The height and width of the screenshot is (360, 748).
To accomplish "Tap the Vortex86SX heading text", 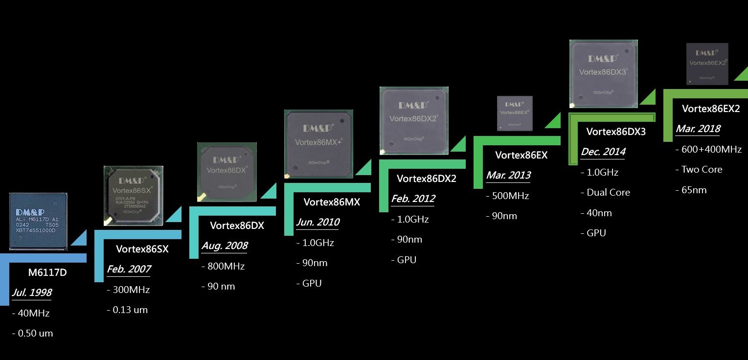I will (x=142, y=249).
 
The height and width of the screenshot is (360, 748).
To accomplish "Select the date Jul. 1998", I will (x=32, y=292).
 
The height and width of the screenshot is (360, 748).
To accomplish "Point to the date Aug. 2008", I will (x=225, y=245).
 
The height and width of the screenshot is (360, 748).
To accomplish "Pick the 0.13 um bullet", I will (x=128, y=310).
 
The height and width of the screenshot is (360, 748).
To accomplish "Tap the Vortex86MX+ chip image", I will (x=318, y=143).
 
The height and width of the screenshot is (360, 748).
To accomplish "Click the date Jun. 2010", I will (x=317, y=222).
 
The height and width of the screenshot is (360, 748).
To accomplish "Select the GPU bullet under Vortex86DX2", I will (x=405, y=260).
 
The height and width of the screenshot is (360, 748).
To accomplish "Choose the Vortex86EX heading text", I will (x=521, y=155).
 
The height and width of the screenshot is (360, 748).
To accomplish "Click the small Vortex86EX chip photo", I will (x=515, y=113).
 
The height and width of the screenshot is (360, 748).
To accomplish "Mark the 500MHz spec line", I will (x=509, y=196).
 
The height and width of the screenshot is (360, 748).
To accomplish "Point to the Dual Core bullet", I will (x=607, y=192).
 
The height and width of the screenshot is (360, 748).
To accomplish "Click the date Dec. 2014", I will (x=603, y=152).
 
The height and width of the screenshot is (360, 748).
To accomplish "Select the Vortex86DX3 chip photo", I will (x=603, y=73).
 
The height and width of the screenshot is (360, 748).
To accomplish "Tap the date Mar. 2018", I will (x=698, y=129).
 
